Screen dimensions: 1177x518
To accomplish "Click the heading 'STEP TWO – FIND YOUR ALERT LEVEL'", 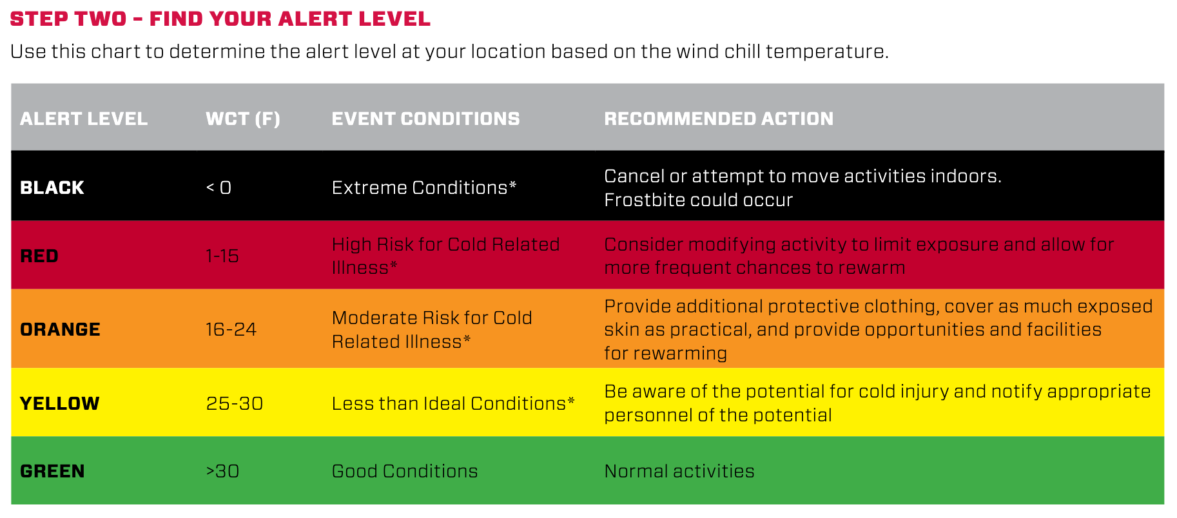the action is (x=220, y=19).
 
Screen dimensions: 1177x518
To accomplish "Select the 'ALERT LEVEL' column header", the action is (x=84, y=119).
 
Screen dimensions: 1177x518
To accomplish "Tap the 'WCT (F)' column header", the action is (x=243, y=119).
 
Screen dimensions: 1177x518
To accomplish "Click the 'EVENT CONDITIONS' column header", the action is (x=425, y=119).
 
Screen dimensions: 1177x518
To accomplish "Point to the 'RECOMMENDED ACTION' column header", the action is (x=719, y=119).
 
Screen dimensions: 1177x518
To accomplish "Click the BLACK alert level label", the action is (x=52, y=187).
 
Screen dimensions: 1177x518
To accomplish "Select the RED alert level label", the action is (x=39, y=256).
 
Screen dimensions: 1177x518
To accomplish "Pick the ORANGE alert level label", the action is (x=60, y=329).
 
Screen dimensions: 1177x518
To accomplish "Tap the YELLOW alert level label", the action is (x=60, y=403).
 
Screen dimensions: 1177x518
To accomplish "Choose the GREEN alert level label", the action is (x=52, y=471).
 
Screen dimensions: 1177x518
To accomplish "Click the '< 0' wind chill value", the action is (x=219, y=187).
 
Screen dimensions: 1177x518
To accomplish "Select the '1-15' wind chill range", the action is (x=222, y=256).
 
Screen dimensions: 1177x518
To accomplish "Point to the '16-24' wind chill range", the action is (x=231, y=329).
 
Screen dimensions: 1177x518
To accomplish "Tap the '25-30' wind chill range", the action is (x=235, y=403).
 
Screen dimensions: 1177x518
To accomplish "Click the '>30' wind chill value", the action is (x=223, y=471).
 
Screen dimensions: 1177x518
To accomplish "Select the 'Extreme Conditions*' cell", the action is (x=424, y=187).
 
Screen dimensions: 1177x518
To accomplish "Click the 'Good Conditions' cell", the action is (x=405, y=471).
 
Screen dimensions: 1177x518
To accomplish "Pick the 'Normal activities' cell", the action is (x=679, y=471).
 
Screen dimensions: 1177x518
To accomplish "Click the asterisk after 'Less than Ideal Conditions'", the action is (x=570, y=401).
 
